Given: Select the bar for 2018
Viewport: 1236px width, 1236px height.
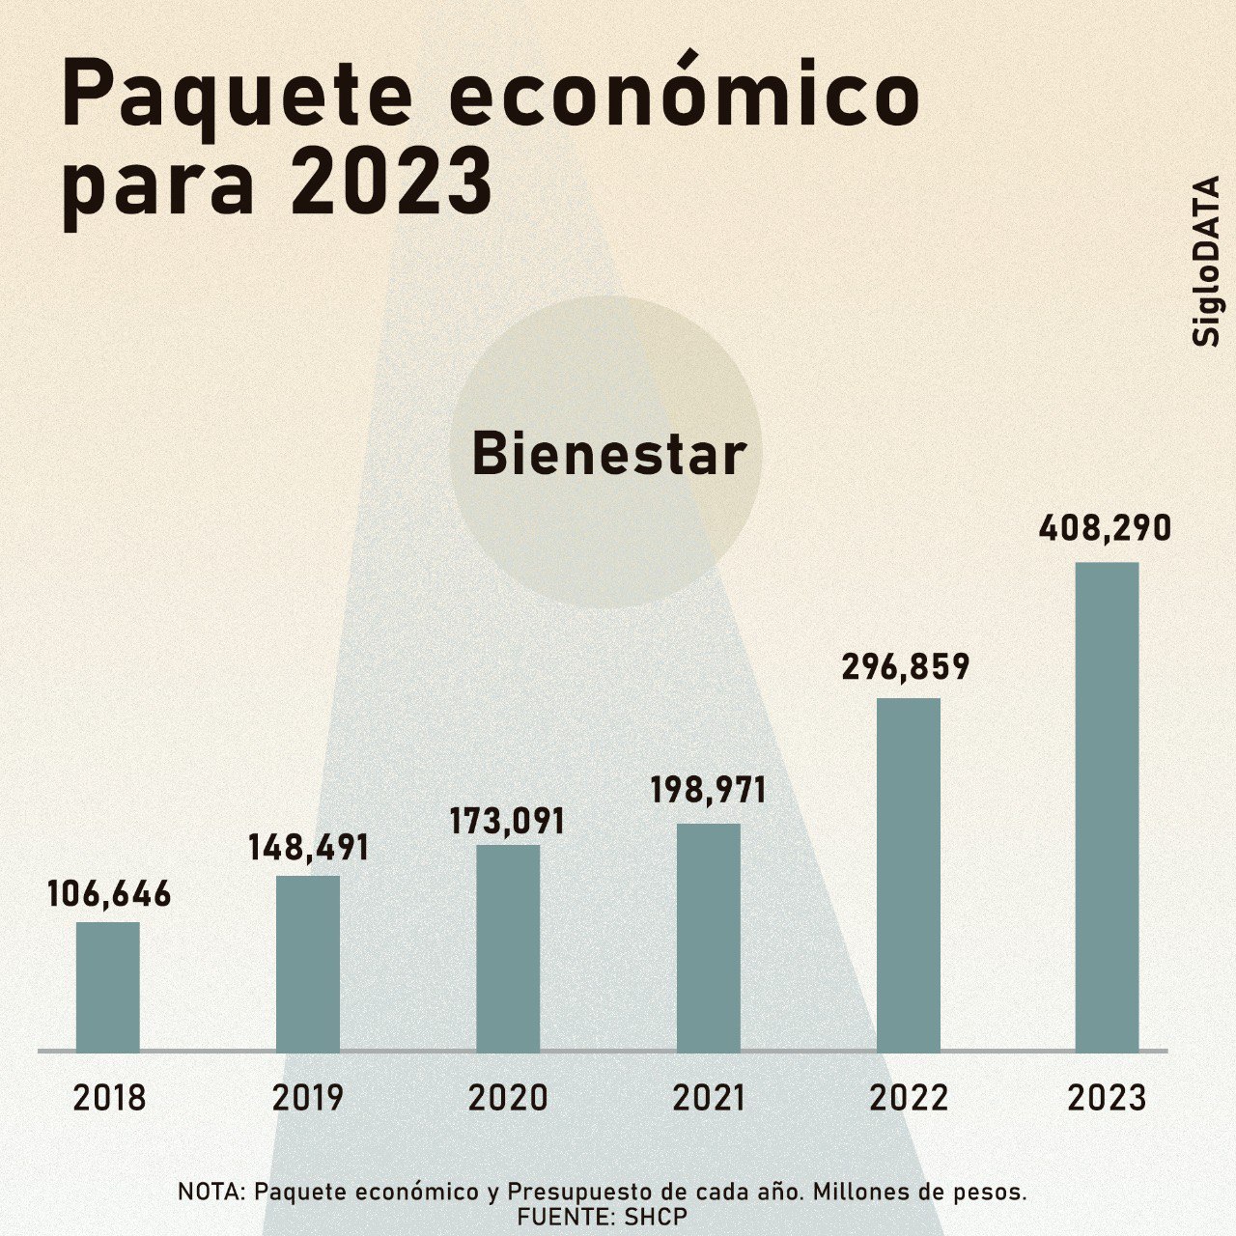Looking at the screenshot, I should [x=108, y=986].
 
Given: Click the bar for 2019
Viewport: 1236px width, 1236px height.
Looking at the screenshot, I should [x=308, y=963].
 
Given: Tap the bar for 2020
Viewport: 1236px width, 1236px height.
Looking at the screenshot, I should [x=508, y=947].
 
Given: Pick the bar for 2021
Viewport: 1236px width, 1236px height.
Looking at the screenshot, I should [x=708, y=937].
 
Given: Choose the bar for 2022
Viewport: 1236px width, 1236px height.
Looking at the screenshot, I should [x=909, y=874].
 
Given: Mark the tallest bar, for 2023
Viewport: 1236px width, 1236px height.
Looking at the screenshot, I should [x=1108, y=806].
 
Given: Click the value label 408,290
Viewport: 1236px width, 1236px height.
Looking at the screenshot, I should [x=1106, y=529].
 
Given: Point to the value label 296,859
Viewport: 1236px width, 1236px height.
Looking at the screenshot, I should [x=905, y=667].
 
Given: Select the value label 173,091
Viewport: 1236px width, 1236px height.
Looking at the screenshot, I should [x=507, y=821].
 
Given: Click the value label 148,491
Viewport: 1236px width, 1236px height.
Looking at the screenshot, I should [x=308, y=848].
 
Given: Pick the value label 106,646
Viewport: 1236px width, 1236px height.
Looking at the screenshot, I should [x=109, y=894].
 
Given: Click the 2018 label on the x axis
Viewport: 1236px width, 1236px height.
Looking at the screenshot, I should [x=109, y=1099].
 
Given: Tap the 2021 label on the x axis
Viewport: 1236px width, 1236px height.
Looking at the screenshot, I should [x=709, y=1099].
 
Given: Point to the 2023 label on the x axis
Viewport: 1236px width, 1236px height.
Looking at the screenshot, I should [x=1108, y=1099].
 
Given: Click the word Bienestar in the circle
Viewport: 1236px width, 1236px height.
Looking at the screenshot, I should [x=609, y=454].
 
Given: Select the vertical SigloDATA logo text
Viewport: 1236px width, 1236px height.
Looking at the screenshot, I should [x=1207, y=261].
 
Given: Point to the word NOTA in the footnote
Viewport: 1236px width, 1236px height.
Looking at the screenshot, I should [x=211, y=1192].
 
